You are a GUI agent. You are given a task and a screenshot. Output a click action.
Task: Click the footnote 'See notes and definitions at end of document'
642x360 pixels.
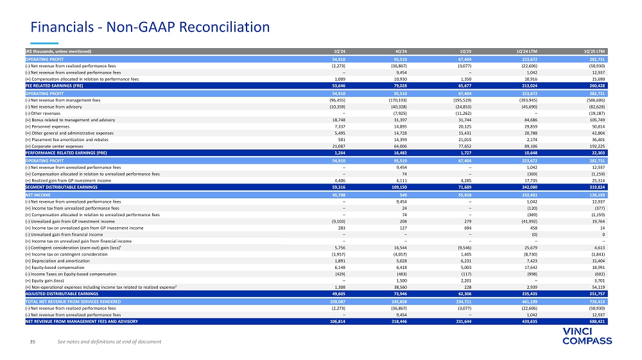(108, 341)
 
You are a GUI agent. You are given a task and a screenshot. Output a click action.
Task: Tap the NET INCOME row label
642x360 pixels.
(38, 193)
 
